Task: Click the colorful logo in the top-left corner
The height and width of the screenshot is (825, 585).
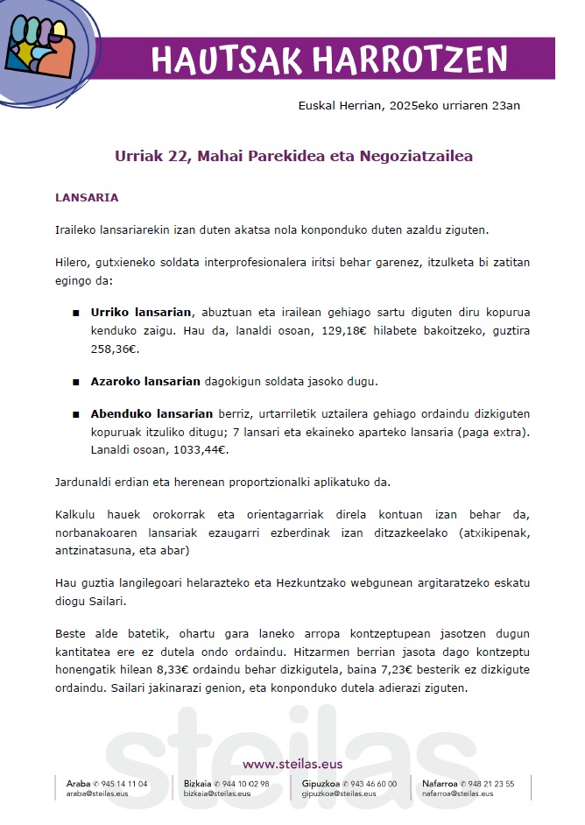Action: (x=41, y=52)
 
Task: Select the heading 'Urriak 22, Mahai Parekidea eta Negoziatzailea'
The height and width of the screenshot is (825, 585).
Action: (x=293, y=157)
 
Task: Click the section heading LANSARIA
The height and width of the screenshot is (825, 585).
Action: (x=87, y=198)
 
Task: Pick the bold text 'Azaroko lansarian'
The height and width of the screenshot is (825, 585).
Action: (x=145, y=382)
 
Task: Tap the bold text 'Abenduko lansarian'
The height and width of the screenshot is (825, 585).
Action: (x=152, y=413)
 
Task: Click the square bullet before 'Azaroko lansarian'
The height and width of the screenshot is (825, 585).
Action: (x=76, y=383)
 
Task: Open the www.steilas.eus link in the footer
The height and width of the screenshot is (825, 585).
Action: (x=292, y=763)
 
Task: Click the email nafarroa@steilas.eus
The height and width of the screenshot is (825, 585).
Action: (x=457, y=794)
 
